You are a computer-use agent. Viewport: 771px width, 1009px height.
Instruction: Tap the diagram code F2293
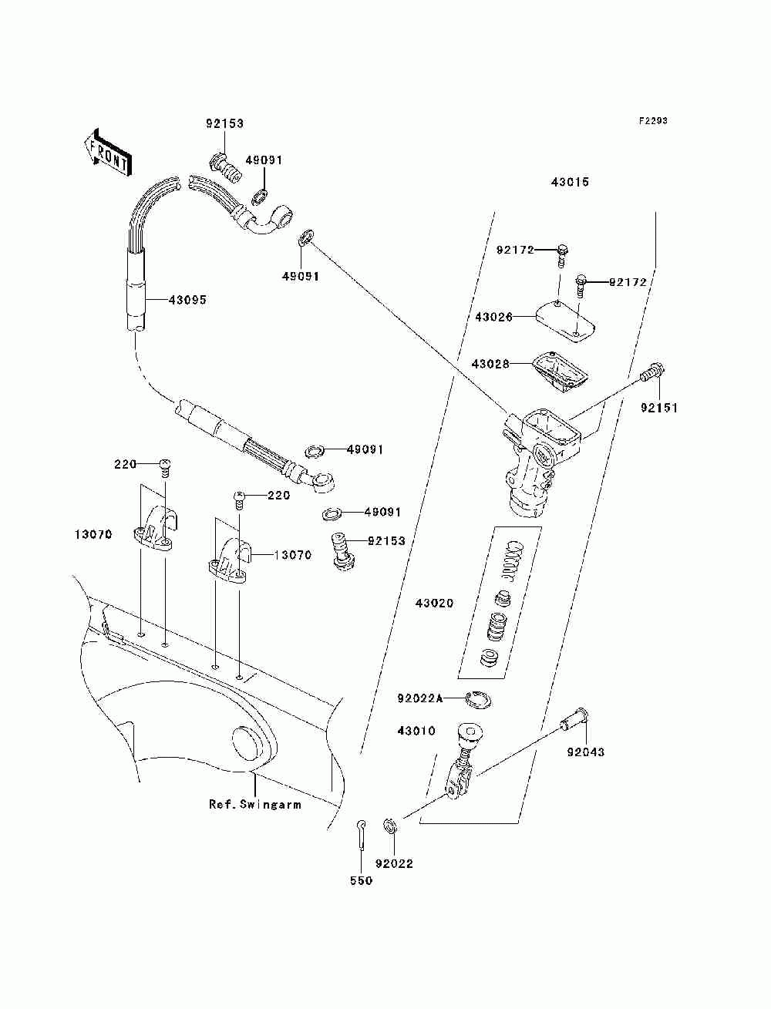pyautogui.click(x=653, y=121)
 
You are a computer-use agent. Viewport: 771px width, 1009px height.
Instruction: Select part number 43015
pyautogui.click(x=570, y=182)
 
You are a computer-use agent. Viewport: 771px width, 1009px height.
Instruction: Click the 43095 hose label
pyautogui.click(x=187, y=300)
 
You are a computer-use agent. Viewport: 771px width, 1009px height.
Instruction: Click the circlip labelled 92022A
pyautogui.click(x=479, y=700)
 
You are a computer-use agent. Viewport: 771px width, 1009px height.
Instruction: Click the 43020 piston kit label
pyautogui.click(x=435, y=603)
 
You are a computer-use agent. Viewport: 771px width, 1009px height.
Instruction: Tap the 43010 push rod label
pyautogui.click(x=416, y=731)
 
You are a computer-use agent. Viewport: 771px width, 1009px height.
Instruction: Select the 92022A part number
pyautogui.click(x=419, y=699)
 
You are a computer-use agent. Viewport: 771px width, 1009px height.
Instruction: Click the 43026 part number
pyautogui.click(x=493, y=317)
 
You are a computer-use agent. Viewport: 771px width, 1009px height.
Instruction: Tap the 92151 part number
pyautogui.click(x=659, y=408)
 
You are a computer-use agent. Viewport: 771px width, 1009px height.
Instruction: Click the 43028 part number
pyautogui.click(x=490, y=364)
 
